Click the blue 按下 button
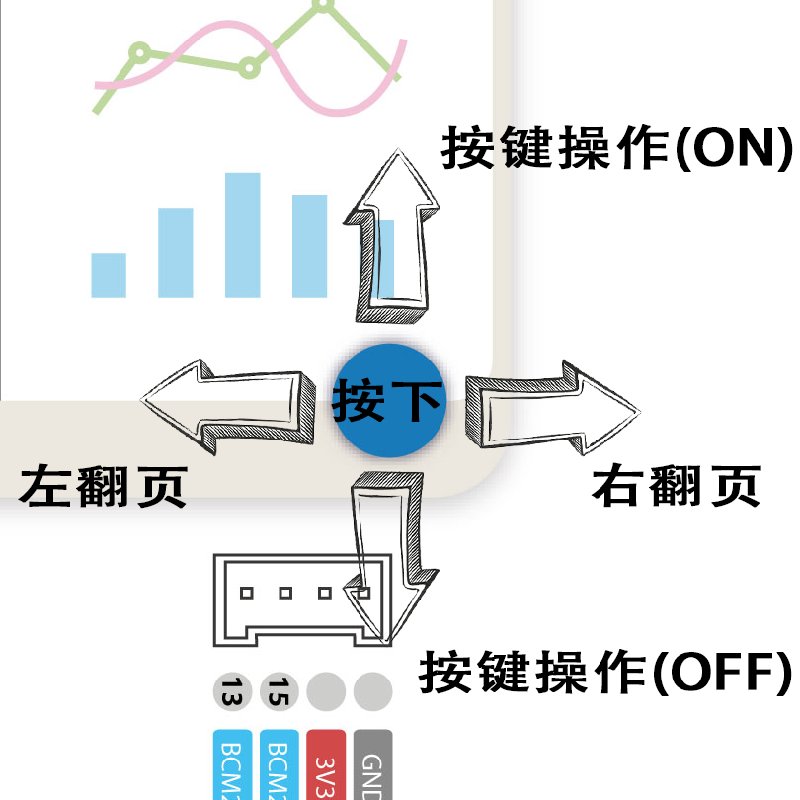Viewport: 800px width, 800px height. (387, 400)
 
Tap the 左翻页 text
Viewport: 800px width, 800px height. (103, 486)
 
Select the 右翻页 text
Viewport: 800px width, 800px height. (677, 486)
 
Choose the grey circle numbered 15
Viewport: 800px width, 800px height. (280, 691)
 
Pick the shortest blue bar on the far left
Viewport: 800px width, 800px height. (109, 276)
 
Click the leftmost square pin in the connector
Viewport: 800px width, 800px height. (247, 594)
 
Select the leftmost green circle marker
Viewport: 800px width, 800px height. (140, 50)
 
